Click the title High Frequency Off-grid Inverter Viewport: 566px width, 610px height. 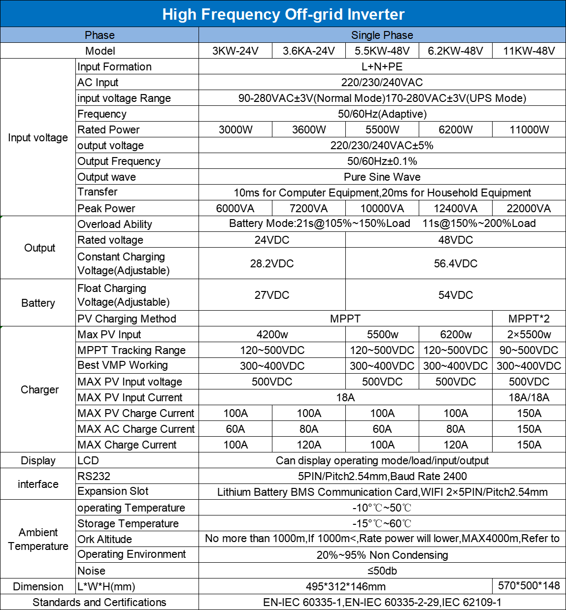click(x=283, y=14)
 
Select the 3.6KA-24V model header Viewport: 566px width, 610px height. click(x=309, y=51)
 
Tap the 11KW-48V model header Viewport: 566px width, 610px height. click(x=529, y=51)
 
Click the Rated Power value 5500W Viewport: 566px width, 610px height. click(x=382, y=129)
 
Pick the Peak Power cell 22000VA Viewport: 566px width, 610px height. click(x=529, y=208)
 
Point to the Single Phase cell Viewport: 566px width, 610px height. click(x=382, y=35)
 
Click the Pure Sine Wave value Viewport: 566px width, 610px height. click(x=382, y=177)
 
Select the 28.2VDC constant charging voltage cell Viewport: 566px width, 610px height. click(x=272, y=263)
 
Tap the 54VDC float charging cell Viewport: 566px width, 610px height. click(x=456, y=295)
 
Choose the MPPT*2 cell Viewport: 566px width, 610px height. click(x=529, y=319)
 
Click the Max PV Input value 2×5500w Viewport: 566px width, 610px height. click(x=529, y=334)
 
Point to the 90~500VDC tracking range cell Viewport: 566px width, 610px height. click(x=529, y=350)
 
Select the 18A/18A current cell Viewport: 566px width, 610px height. click(x=529, y=397)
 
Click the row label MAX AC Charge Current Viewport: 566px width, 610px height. click(x=136, y=429)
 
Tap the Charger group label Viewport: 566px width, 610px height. click(x=39, y=389)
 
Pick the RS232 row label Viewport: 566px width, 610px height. click(x=94, y=476)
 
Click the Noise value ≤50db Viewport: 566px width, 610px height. click(x=382, y=571)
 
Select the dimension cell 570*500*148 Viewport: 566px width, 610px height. click(x=529, y=585)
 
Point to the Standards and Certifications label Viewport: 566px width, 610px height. click(x=100, y=602)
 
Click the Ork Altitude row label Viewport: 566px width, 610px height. click(x=105, y=539)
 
